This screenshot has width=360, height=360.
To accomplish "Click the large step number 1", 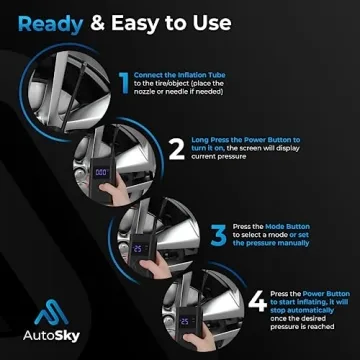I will [123, 84].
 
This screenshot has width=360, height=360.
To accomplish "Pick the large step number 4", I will [257, 299].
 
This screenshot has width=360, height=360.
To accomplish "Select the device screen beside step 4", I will [188, 320].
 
